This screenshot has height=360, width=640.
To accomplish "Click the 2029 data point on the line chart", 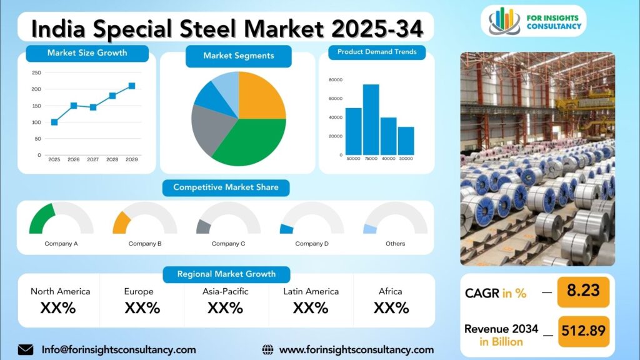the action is coord(132,86).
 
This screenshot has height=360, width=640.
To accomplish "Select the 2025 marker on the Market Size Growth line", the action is coord(54,122).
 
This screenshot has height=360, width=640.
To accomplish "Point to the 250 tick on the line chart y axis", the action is coord(36,72).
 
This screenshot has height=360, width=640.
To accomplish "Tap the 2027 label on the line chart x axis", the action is coord(92,159).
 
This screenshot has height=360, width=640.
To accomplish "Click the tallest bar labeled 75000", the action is coord(371,119).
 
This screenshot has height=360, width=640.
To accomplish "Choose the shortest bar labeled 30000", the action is coord(406,141).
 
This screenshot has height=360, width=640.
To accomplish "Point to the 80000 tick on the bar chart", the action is coord(336,80).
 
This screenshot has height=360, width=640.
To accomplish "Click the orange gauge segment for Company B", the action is coord(121,223).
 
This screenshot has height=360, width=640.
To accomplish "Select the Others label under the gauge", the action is coord(396,244).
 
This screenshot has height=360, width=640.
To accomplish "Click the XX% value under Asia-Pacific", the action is coord(225,307).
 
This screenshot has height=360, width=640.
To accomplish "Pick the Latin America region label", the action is coord(311,291).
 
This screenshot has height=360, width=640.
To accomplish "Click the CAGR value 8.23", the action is coord(583,291).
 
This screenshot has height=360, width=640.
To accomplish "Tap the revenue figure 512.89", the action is coord(584,330).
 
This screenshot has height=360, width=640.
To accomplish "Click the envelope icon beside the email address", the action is coord(26,350).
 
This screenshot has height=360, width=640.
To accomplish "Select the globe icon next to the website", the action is coord(267,350).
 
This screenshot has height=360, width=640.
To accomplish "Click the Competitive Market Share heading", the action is coord(226,187).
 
